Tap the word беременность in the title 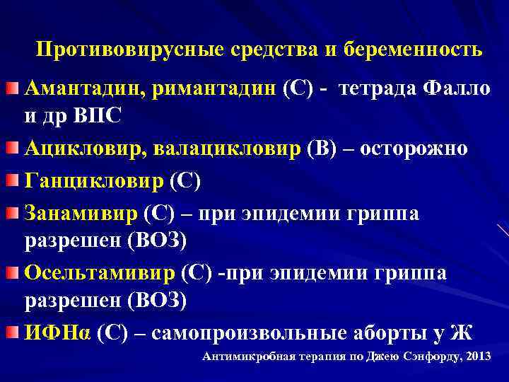coord(414,50)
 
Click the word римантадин coord(210,91)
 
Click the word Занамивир coord(81,212)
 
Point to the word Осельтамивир coord(100,273)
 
